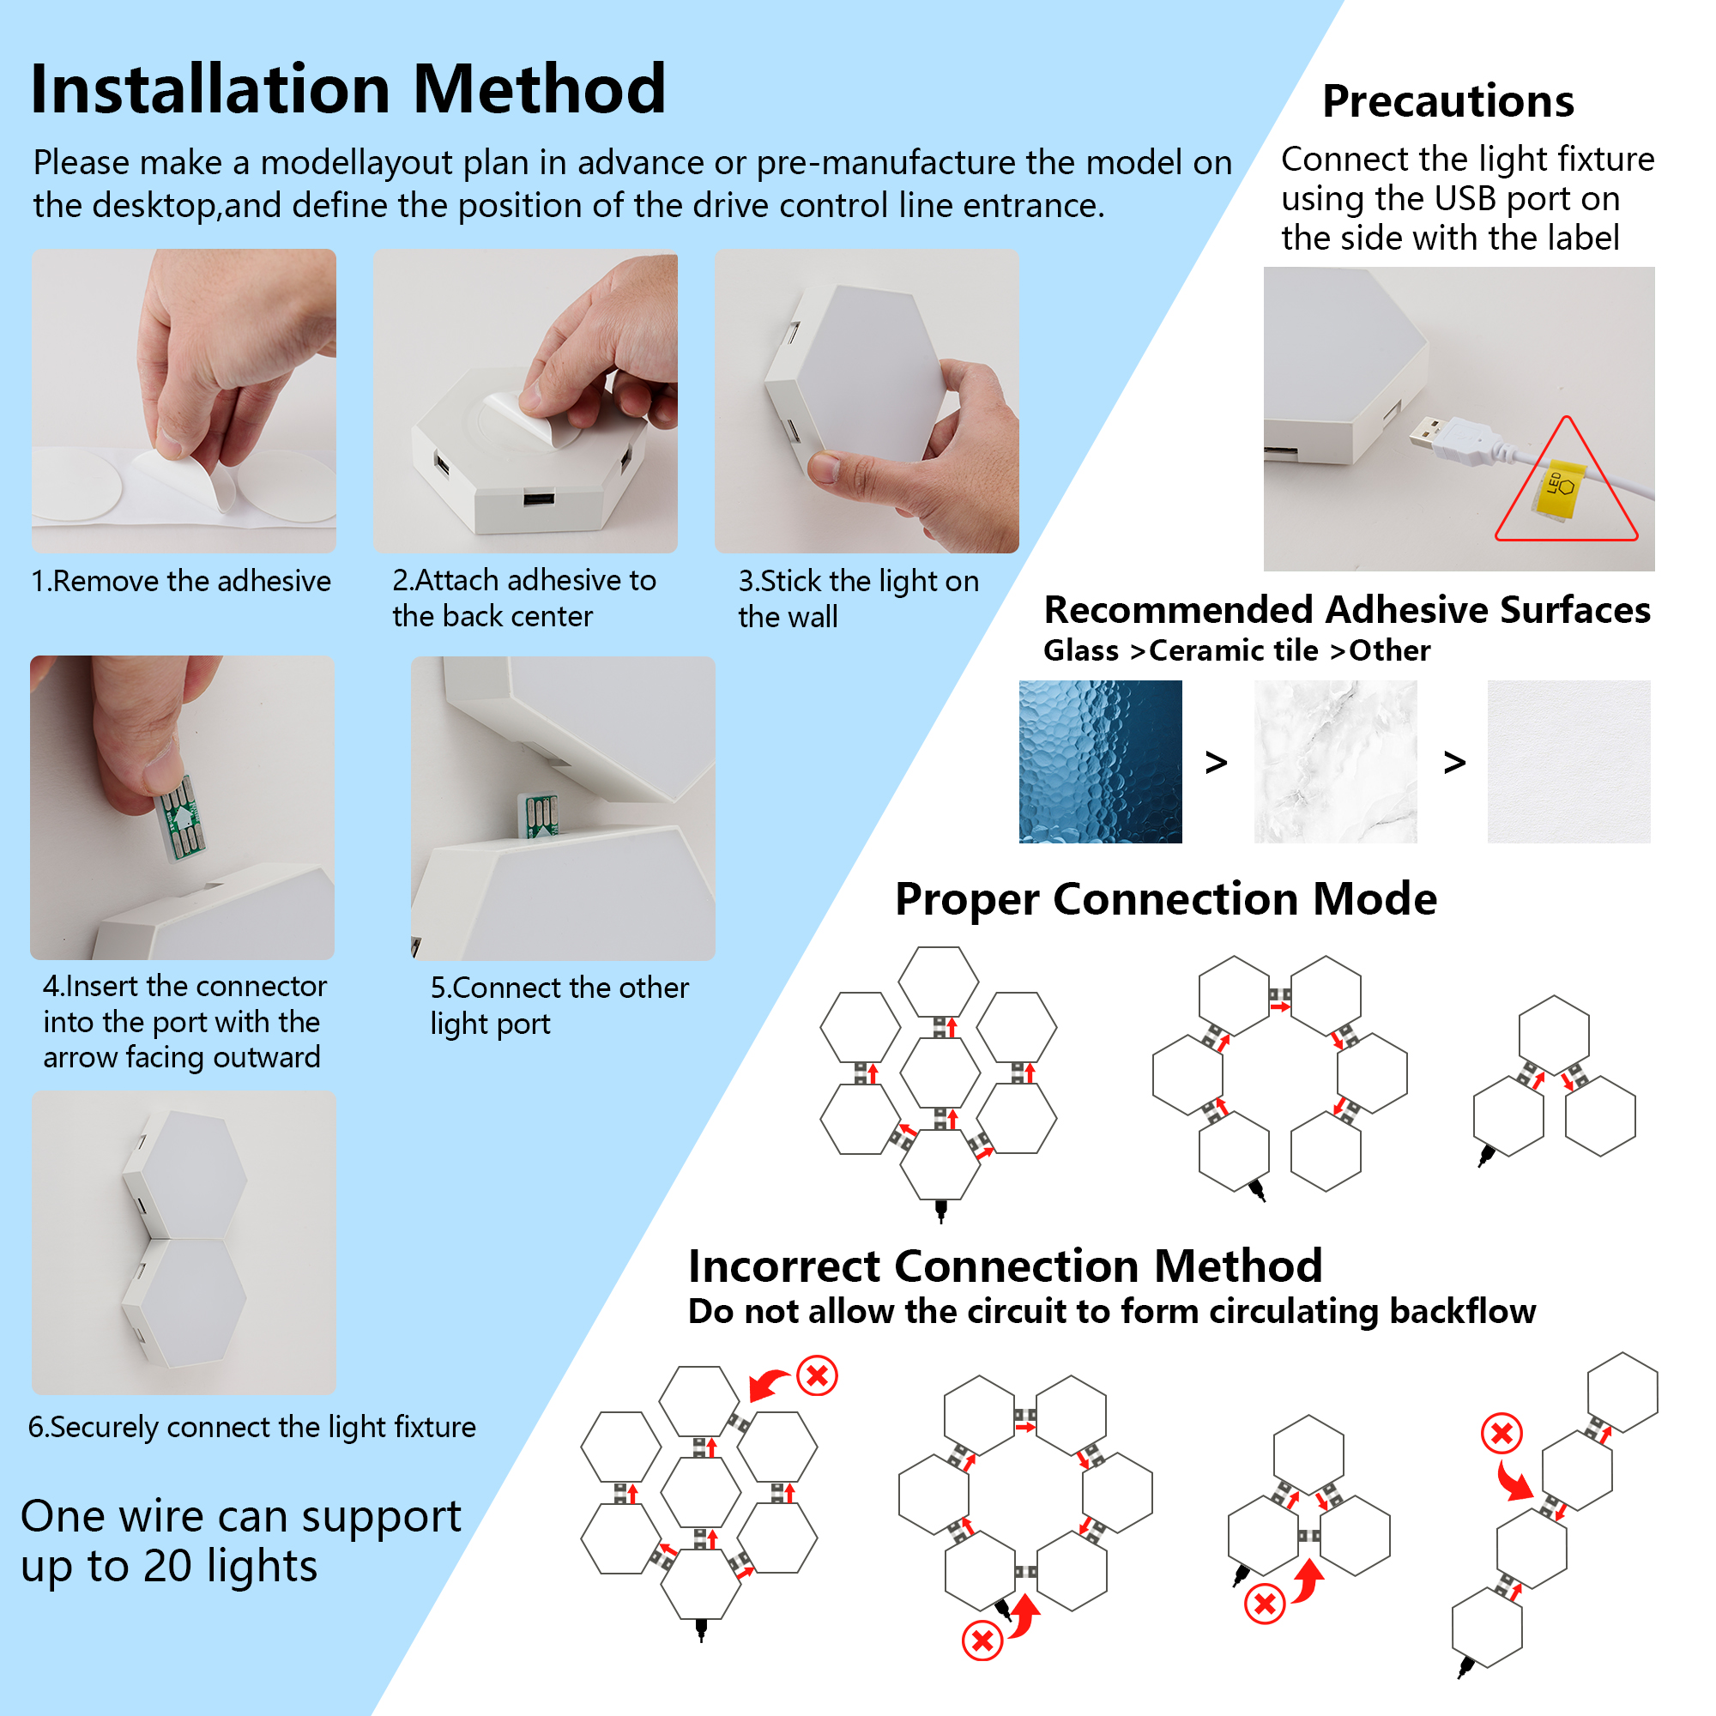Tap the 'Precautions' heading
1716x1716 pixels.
click(1447, 100)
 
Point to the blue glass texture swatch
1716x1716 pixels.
click(1100, 761)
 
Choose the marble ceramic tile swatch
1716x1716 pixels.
click(1335, 761)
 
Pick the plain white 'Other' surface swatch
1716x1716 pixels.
click(1568, 761)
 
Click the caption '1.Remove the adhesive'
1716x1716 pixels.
click(181, 581)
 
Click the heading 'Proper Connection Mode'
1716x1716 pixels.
click(1165, 900)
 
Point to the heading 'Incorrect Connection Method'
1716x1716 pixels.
click(1005, 1265)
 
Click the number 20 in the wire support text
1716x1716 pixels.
click(168, 1566)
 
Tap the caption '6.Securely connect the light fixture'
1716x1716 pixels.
click(251, 1427)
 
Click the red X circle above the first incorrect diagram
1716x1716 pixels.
click(817, 1376)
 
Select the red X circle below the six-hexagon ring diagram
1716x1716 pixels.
click(982, 1640)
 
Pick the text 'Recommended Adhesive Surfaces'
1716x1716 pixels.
click(1346, 610)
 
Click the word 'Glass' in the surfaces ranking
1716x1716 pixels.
click(1080, 650)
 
